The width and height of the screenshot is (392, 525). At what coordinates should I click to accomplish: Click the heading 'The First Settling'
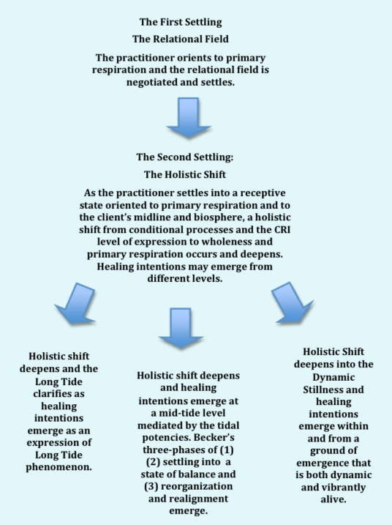181,22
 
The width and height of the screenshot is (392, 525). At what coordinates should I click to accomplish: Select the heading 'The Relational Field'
181,39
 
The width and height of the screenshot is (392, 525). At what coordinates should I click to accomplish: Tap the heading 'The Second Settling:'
184,157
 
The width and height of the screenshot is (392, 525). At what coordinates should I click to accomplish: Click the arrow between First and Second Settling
189,117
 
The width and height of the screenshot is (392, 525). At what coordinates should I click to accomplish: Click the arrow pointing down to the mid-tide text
181,328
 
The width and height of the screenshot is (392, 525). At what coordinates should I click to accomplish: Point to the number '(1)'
227,450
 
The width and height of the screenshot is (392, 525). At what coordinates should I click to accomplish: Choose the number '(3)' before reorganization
151,486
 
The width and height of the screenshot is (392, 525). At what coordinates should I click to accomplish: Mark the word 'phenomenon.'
59,467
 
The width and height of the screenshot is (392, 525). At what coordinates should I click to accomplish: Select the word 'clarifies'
59,394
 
